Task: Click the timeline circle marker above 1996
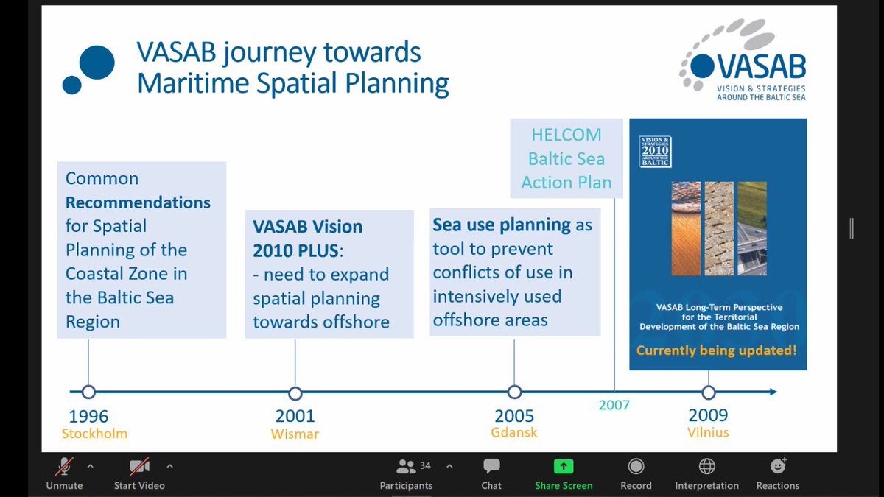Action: point(88,392)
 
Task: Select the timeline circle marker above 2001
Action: point(295,393)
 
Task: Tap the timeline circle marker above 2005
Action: point(514,392)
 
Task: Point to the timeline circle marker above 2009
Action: point(709,392)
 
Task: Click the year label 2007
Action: point(614,405)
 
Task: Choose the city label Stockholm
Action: point(94,434)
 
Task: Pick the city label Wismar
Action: point(295,434)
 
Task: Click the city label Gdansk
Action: point(514,432)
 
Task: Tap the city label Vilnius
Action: point(708,432)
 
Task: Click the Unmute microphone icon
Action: point(64,466)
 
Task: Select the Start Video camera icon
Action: point(139,466)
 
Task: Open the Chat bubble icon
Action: point(491,466)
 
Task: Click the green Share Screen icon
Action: point(564,466)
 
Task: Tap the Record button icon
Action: point(636,466)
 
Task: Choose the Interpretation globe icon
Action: point(706,466)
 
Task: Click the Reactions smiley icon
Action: point(778,466)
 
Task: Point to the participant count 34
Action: point(425,466)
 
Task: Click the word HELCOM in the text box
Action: point(566,135)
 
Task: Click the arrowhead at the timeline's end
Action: point(773,392)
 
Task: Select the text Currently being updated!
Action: point(716,350)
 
